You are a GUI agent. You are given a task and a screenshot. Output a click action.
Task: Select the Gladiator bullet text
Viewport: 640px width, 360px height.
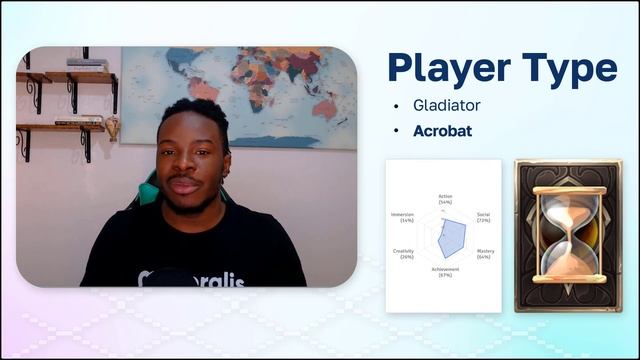click(x=447, y=105)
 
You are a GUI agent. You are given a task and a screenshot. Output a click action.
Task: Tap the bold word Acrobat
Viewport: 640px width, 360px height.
click(x=443, y=131)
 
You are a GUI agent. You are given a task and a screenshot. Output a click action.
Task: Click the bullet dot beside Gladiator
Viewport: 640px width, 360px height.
click(x=397, y=106)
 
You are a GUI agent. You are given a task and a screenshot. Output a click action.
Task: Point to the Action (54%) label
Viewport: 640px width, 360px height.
click(x=445, y=198)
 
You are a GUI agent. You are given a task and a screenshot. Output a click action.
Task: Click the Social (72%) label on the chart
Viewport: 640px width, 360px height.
click(x=483, y=217)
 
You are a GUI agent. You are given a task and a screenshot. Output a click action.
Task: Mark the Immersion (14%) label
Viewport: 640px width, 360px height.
click(x=401, y=217)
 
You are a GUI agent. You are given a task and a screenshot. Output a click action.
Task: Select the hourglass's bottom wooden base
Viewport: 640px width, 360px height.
click(x=568, y=279)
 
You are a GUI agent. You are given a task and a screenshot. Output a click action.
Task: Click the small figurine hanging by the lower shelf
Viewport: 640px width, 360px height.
click(x=112, y=127)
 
